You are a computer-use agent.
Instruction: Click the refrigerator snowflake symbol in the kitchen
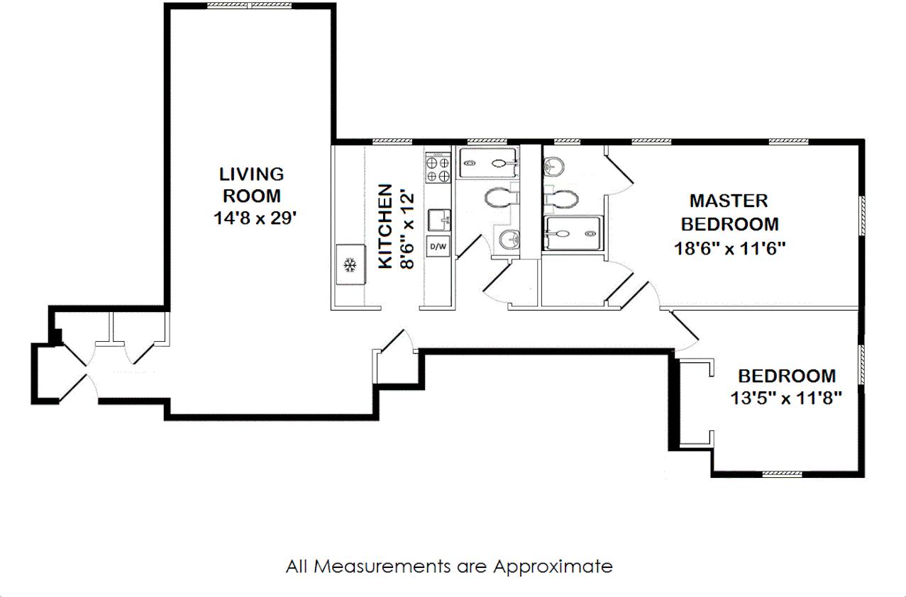349,265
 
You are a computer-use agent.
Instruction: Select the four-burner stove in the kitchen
438,168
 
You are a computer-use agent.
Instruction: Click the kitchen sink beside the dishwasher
439,219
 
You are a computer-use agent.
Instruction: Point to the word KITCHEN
385,226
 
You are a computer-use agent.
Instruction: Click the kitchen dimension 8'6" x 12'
407,227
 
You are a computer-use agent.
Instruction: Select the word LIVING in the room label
251,174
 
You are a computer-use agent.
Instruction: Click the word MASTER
729,201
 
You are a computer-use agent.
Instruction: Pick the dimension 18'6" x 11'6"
729,248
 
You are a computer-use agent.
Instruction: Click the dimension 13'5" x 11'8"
786,398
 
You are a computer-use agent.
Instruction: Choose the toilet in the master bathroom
560,198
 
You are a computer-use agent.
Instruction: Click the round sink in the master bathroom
554,167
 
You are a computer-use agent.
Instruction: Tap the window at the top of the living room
249,5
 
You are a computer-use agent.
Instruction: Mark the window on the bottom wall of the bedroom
783,474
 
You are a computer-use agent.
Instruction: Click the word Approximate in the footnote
553,567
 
